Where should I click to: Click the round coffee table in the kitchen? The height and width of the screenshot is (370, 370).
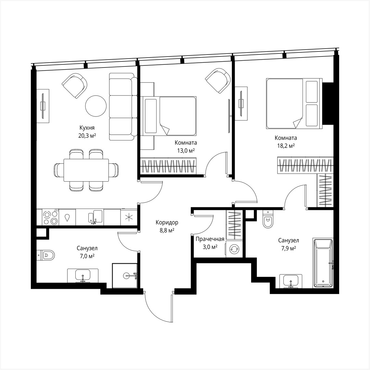(96, 106)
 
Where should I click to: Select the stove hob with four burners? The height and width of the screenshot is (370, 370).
(50, 217)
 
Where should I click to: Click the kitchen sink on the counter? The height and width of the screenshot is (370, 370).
(95, 217)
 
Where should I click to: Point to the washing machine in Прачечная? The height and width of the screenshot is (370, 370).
(234, 249)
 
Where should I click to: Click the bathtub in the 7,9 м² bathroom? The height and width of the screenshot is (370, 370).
(323, 263)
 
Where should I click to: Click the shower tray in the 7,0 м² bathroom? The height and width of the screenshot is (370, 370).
(125, 275)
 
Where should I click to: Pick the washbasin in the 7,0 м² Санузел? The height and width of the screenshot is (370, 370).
(83, 275)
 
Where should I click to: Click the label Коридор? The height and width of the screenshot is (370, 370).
(167, 223)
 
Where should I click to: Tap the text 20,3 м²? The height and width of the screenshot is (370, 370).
(87, 135)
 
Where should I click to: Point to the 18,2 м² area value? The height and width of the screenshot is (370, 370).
(285, 146)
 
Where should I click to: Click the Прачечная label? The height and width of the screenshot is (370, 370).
(210, 239)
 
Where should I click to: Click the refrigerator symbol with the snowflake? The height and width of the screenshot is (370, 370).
(129, 217)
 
